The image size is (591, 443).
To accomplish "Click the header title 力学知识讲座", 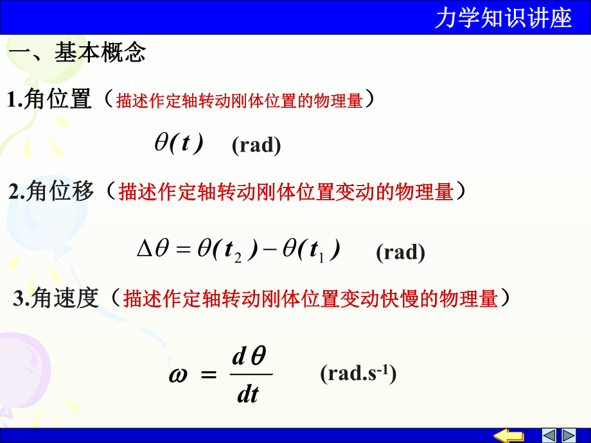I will (502, 19).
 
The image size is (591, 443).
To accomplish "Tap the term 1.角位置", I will (49, 100).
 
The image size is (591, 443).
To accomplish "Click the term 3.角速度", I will (57, 298).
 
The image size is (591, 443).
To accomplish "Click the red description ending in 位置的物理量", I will (239, 100).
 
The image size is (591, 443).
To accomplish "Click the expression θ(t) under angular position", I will (179, 143).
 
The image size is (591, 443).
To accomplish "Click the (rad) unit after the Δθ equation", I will (400, 252).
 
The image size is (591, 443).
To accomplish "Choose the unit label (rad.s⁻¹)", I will (358, 374).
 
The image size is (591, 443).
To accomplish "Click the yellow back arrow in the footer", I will (512, 435).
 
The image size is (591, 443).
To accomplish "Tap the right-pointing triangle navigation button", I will (569, 435).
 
